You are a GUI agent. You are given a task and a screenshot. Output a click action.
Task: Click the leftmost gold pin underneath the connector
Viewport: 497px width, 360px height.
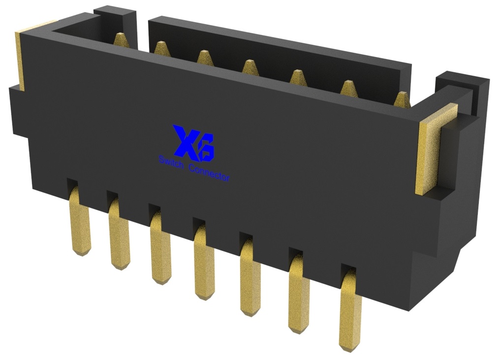(80, 221)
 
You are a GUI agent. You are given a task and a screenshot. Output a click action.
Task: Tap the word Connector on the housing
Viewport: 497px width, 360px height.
(209, 173)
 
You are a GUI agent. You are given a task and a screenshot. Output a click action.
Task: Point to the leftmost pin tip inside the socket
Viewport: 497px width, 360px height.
(120, 39)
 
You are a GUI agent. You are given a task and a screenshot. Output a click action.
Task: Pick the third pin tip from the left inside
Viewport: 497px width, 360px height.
(204, 56)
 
